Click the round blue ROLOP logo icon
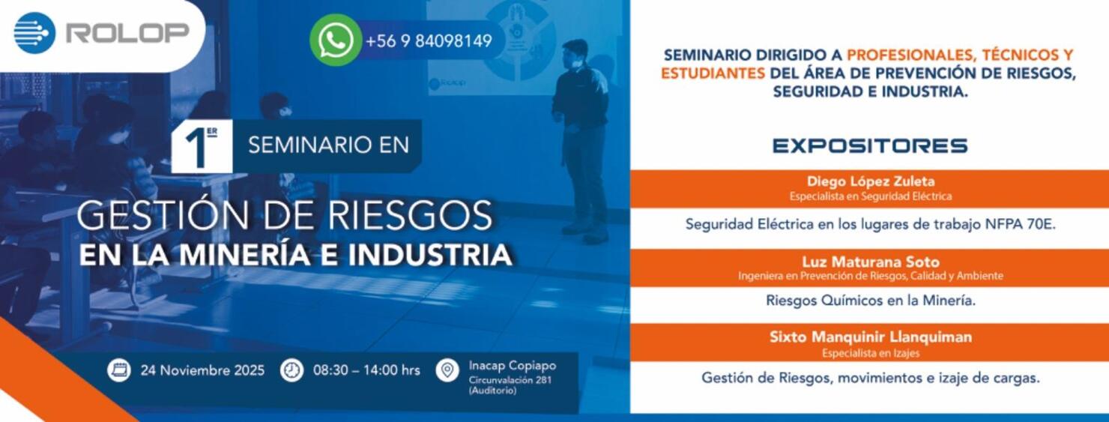(34, 33)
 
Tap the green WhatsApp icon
(336, 40)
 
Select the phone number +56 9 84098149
(429, 41)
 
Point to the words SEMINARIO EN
(328, 145)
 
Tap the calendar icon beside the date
(118, 370)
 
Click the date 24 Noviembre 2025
(202, 370)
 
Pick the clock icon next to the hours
(291, 370)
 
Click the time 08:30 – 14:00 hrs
(366, 370)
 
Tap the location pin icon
(447, 370)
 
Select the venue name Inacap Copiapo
(513, 366)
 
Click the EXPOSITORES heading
(870, 146)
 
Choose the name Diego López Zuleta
(871, 181)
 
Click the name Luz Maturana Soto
(870, 262)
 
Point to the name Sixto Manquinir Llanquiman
(870, 337)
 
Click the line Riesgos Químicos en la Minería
(870, 301)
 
